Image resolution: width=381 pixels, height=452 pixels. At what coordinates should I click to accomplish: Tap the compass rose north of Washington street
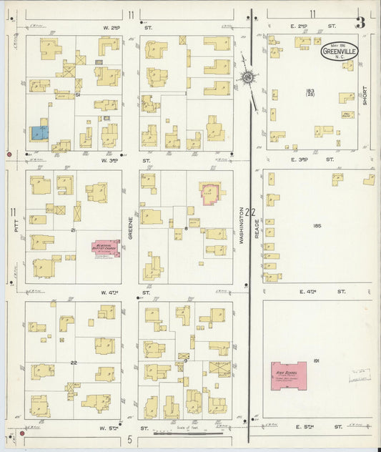(248, 77)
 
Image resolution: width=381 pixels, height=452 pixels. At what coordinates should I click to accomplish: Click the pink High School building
(289, 375)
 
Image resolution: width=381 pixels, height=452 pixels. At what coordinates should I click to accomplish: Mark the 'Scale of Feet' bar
(189, 431)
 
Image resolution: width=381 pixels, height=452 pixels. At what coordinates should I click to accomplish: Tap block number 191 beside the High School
(316, 362)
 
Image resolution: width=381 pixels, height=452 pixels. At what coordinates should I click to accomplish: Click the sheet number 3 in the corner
(360, 22)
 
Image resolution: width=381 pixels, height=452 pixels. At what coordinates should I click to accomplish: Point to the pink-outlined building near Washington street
(209, 194)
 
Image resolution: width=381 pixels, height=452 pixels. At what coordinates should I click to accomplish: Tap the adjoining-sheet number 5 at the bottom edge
(130, 439)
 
